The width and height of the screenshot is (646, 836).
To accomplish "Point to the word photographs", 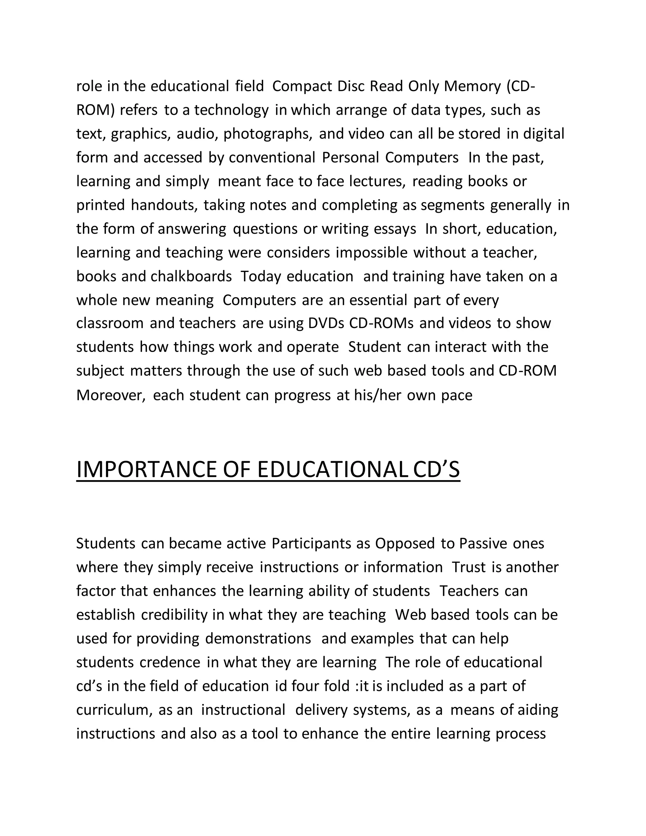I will pos(267,134).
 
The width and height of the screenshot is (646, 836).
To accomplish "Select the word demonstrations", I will pos(258,639).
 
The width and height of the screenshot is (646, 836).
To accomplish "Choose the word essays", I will pos(395,229).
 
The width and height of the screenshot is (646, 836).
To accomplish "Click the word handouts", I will pos(164,205).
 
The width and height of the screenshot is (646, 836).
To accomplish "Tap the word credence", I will pos(170,662).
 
